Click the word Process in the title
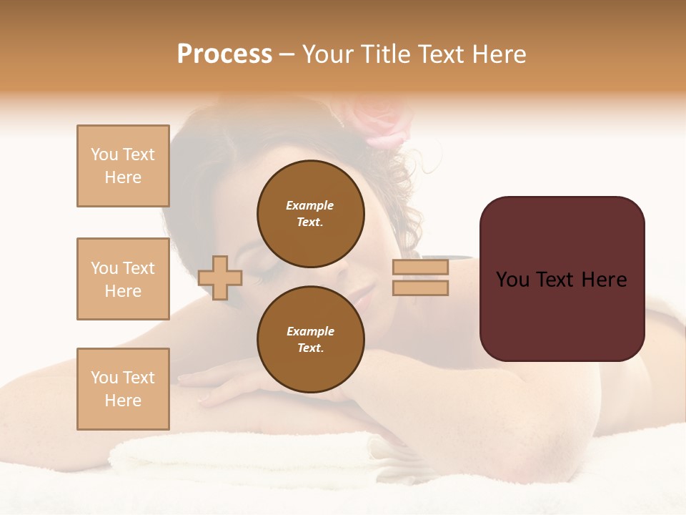pos(224,54)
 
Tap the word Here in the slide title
pos(498,54)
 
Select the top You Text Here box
pos(123,166)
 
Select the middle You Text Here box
pos(123,279)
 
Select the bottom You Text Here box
pos(123,389)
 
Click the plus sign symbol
pos(220,278)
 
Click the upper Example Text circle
pos(310,213)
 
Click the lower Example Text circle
pos(310,339)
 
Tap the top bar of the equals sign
pos(420,268)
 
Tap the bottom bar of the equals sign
pos(420,288)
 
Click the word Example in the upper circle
pos(310,205)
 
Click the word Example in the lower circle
pos(310,331)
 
